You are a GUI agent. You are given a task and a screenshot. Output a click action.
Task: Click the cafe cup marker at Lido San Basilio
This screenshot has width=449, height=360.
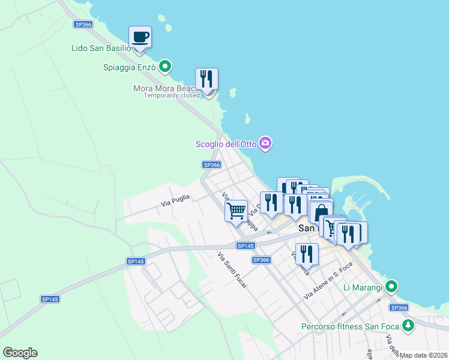[140, 37]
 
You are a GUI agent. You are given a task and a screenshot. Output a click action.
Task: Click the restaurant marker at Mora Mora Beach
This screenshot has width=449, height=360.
[206, 79]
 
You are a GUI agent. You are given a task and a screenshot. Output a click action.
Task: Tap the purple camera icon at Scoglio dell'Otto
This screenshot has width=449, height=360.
[266, 143]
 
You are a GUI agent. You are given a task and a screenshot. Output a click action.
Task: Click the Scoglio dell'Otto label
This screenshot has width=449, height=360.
[226, 144]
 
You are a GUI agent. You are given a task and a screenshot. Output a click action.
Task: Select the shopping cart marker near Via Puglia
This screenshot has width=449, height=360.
[237, 211]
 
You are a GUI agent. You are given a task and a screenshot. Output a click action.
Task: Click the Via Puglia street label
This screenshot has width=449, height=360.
[175, 201]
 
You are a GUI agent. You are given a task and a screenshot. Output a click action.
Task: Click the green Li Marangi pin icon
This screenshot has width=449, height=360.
[391, 287]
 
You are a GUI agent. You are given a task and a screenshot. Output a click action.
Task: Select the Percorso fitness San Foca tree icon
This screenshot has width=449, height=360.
[408, 326]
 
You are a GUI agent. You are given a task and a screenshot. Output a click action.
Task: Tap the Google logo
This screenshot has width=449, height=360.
[20, 353]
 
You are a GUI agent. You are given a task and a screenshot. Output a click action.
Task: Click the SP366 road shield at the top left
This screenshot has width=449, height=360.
[83, 25]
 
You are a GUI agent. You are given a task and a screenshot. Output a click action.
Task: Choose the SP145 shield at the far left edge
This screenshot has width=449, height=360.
[50, 299]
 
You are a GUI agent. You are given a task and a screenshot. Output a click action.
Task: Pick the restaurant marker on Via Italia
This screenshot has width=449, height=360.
[307, 254]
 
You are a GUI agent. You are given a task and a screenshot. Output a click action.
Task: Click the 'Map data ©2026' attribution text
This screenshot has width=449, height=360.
[423, 355]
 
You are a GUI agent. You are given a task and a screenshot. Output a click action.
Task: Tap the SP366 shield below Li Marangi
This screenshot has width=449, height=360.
[399, 308]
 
